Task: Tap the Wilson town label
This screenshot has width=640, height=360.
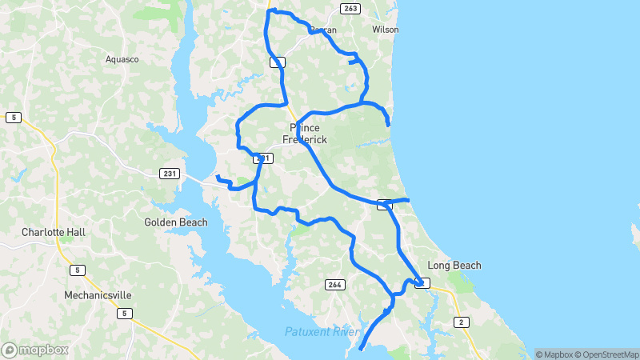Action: pyautogui.click(x=385, y=30)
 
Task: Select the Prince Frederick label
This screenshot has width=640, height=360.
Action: pyautogui.click(x=305, y=134)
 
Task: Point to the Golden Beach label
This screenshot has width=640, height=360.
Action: pyautogui.click(x=175, y=222)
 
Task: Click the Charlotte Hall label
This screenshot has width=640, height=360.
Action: pyautogui.click(x=53, y=232)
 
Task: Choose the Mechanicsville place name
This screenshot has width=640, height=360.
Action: pyautogui.click(x=98, y=295)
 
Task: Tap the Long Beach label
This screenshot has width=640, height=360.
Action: pyautogui.click(x=454, y=265)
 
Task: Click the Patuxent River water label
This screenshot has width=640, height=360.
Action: pyautogui.click(x=319, y=332)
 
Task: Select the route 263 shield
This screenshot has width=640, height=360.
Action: pyautogui.click(x=349, y=8)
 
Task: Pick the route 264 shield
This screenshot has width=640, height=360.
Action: pyautogui.click(x=334, y=284)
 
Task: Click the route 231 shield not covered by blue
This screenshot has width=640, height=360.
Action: pyautogui.click(x=169, y=174)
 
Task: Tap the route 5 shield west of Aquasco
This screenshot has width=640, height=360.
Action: pyautogui.click(x=13, y=118)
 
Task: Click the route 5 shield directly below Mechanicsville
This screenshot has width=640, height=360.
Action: pyautogui.click(x=124, y=313)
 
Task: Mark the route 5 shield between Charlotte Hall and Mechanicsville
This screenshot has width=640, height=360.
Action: pyautogui.click(x=77, y=270)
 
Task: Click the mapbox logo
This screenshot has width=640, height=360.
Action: pyautogui.click(x=35, y=350)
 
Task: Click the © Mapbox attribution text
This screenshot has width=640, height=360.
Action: pyautogui.click(x=554, y=354)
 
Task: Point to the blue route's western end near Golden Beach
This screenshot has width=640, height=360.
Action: pyautogui.click(x=217, y=176)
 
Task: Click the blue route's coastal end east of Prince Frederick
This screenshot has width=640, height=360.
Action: pyautogui.click(x=389, y=125)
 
